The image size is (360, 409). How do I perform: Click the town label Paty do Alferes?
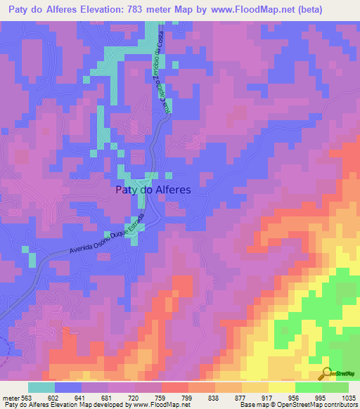click(153, 189)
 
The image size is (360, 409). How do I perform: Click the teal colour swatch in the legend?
click(41, 387)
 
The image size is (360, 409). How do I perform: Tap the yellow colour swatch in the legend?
click(281, 387)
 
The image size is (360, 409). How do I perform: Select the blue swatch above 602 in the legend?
click(68, 387)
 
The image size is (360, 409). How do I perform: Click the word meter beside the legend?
click(10, 398)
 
